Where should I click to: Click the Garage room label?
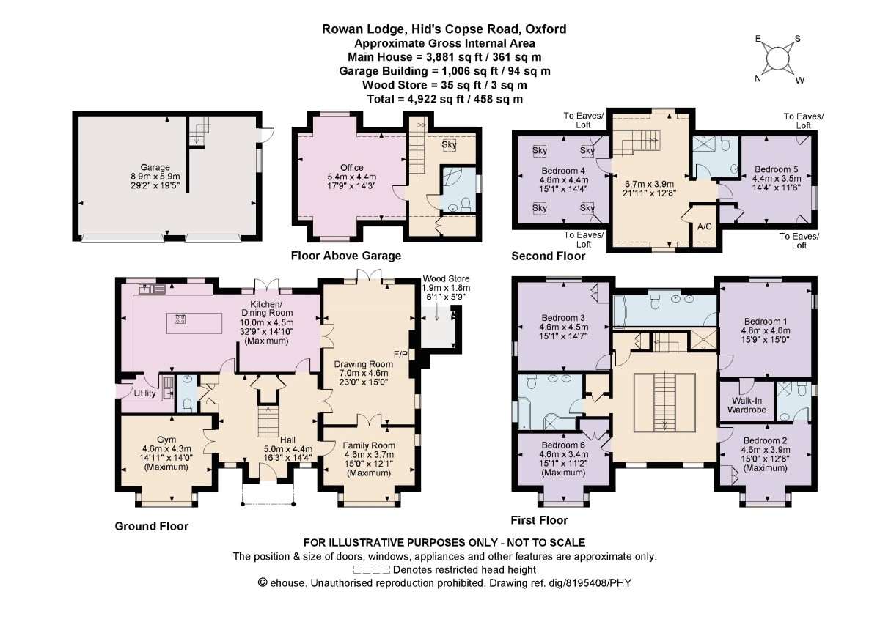pos(155,168)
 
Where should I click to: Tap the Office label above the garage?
pos(351,168)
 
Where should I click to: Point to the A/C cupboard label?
pos(705,226)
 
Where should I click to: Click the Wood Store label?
pos(446,278)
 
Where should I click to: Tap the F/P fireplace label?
pos(400,355)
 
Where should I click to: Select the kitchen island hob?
pos(180,319)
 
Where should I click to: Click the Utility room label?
pos(144,393)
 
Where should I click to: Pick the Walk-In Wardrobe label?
pos(747,405)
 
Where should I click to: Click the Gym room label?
pos(166,440)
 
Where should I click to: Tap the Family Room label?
pos(369,445)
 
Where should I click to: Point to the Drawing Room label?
pos(364,364)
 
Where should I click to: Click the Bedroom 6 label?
pos(563,445)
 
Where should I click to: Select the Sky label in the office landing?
pos(449,144)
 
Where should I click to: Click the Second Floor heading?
pos(548,256)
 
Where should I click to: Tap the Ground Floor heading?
pos(152,526)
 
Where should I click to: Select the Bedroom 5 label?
pos(777,169)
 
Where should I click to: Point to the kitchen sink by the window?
pos(152,289)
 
